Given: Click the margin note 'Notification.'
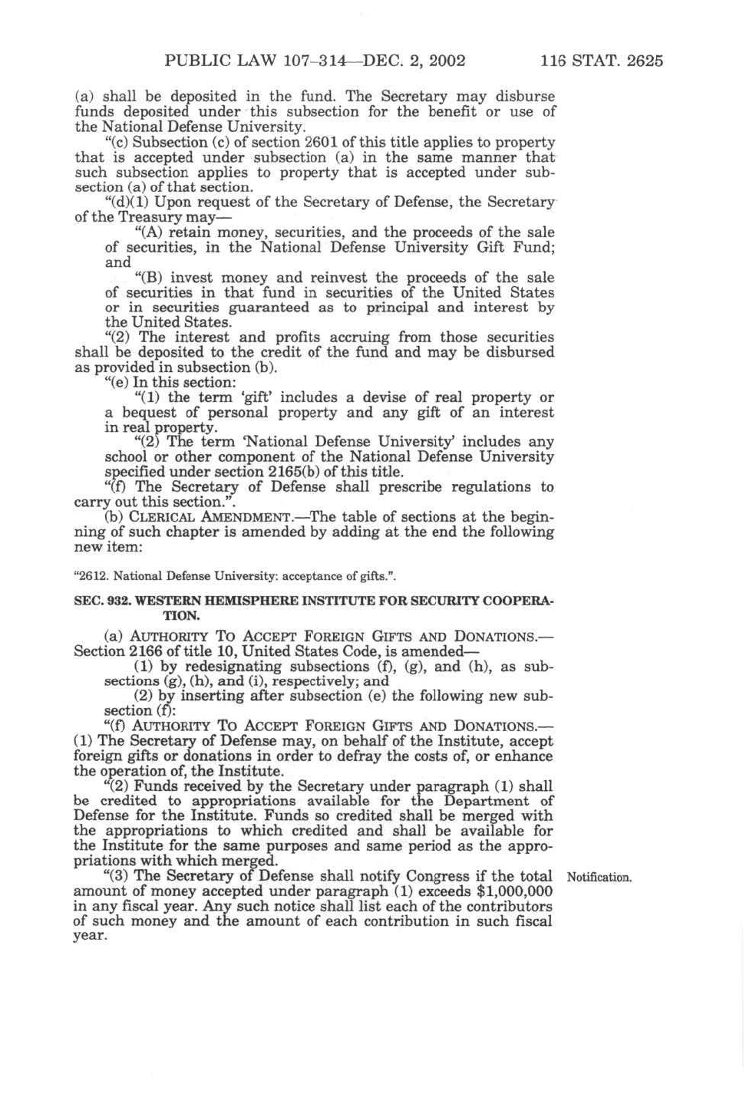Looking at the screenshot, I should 599,877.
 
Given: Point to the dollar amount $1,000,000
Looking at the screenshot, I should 514,891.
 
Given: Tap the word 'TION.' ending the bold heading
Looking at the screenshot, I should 182,616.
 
